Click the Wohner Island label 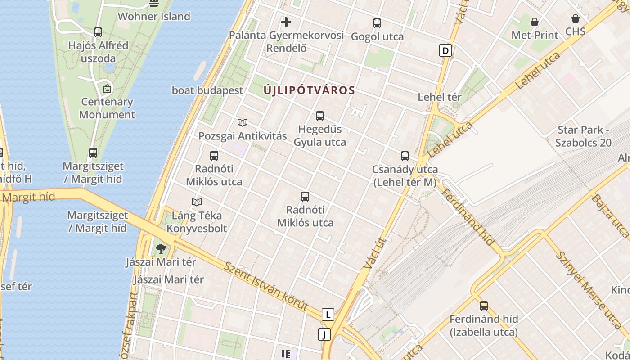click(x=154, y=17)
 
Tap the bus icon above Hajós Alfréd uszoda click(x=98, y=32)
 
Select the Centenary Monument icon click(x=107, y=89)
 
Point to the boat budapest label click(x=207, y=90)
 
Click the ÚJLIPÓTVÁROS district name click(x=310, y=90)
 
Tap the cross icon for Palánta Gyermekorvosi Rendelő click(x=286, y=22)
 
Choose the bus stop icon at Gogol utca click(x=377, y=23)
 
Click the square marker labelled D click(x=445, y=50)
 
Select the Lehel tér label click(x=440, y=97)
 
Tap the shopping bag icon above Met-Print click(x=535, y=22)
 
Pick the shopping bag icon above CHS click(x=576, y=18)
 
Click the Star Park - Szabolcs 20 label click(x=583, y=136)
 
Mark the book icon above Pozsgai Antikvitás click(x=243, y=122)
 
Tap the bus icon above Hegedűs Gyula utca click(x=320, y=116)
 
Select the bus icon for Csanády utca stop click(x=405, y=156)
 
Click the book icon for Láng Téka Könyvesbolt click(x=197, y=202)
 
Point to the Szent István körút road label click(x=272, y=288)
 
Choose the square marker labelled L click(x=328, y=315)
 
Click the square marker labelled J click(x=324, y=334)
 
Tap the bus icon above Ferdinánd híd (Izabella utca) click(x=484, y=306)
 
